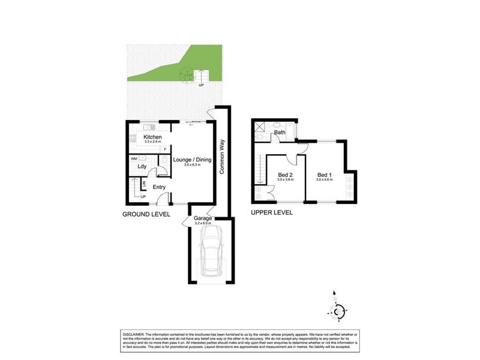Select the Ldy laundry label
[x=142, y=166]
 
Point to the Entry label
[x=159, y=187]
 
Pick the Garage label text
[x=202, y=218]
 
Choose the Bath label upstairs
[x=280, y=133]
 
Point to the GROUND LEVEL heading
[x=146, y=214]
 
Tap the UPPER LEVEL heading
[x=272, y=212]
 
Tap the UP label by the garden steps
[x=201, y=85]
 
